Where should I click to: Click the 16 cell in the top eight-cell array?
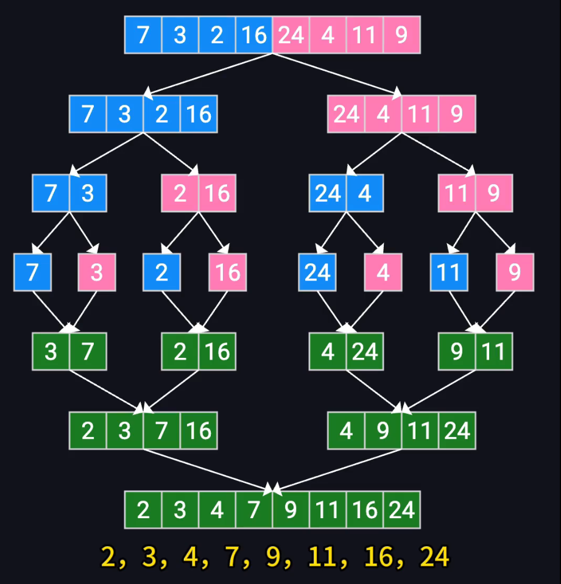click(254, 35)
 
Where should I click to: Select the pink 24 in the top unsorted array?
click(291, 35)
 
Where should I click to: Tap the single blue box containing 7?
click(32, 272)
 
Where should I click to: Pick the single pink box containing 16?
click(228, 272)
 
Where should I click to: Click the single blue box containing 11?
click(449, 272)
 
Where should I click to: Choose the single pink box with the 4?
click(383, 272)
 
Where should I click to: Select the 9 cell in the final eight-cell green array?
click(291, 510)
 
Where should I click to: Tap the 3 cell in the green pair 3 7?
click(51, 352)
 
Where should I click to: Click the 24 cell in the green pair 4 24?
click(364, 352)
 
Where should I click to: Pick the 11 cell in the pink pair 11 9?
click(457, 193)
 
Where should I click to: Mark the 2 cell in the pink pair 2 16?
click(180, 193)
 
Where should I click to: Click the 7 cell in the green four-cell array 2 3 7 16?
click(161, 431)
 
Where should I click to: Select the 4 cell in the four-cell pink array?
click(383, 114)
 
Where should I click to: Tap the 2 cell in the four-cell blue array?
click(161, 114)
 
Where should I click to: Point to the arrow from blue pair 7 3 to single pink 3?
click(83, 231)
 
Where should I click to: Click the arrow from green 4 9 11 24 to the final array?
click(339, 469)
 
